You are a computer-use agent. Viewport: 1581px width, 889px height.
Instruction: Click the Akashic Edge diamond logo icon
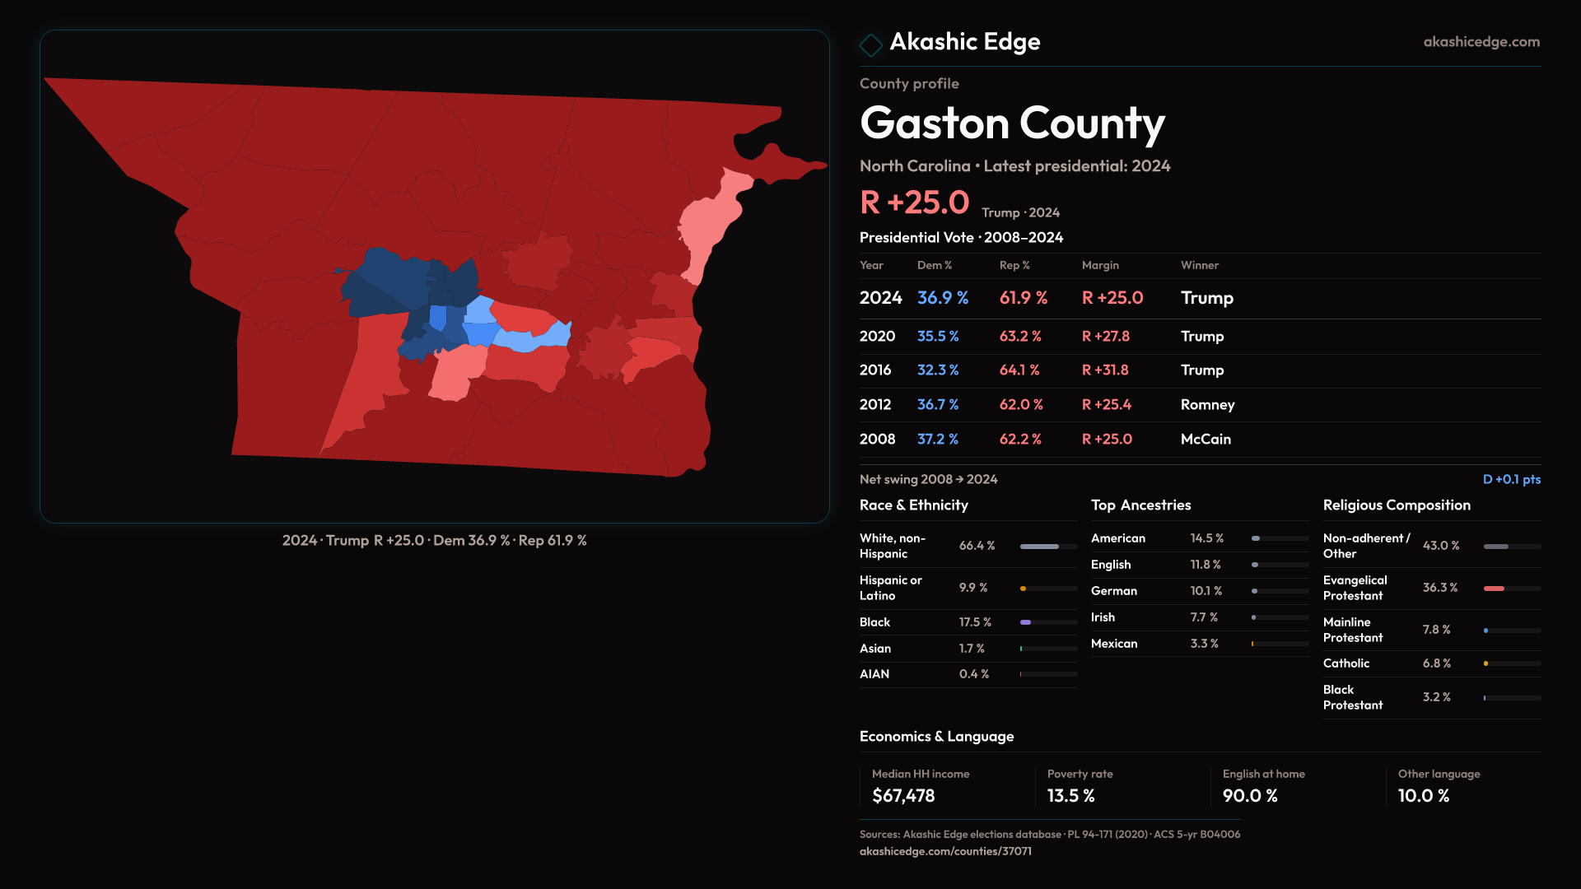870,44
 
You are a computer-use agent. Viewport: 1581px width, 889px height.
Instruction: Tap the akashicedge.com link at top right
1481,42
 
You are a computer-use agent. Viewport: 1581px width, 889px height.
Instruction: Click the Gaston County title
1012,123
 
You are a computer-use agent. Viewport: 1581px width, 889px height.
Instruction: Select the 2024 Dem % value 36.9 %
943,298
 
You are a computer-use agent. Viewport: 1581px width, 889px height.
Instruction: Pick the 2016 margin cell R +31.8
1105,370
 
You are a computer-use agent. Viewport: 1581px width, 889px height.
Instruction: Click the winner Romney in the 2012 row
1207,405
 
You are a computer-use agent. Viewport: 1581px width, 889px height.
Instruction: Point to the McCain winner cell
1206,440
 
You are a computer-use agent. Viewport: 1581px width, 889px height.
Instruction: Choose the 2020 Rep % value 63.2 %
1020,337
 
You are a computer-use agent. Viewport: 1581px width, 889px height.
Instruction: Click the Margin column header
1100,265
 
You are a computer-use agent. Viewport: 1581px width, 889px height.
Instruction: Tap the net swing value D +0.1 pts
1511,479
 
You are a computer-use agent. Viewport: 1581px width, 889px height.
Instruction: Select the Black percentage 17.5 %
975,622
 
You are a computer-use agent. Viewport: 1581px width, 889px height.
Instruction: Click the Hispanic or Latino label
891,588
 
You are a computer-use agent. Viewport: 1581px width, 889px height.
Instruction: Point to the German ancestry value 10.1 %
1206,591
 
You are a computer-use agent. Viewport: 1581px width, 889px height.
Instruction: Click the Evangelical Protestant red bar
1494,589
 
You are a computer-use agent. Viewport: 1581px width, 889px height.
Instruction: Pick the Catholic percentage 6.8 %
1437,663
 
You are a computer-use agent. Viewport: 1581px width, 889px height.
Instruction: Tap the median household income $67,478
903,796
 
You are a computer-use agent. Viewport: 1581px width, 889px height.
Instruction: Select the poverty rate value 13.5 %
1071,796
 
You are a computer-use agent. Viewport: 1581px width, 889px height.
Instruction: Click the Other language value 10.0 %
1424,796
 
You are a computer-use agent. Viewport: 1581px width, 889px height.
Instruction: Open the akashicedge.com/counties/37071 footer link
945,851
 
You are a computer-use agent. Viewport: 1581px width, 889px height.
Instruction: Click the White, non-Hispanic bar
1039,547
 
